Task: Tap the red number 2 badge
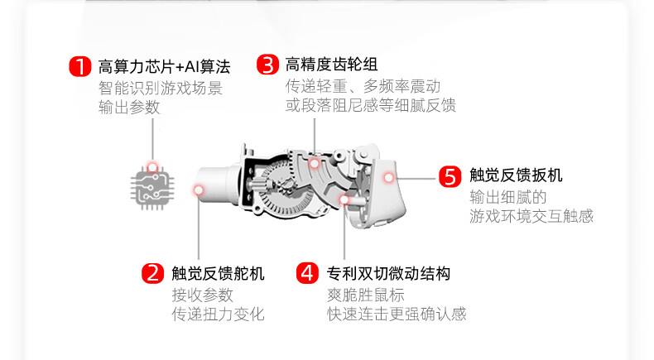pyautogui.click(x=152, y=273)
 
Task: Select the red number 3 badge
pyautogui.click(x=267, y=65)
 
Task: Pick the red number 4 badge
pyautogui.click(x=307, y=273)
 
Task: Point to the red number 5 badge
pyautogui.click(x=449, y=175)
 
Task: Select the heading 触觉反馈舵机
pyautogui.click(x=219, y=273)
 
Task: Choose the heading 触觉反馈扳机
pyautogui.click(x=516, y=175)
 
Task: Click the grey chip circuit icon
pyautogui.click(x=152, y=190)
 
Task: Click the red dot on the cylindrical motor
pyautogui.click(x=199, y=191)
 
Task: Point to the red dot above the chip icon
pyautogui.click(x=152, y=166)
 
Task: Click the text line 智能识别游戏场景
pyautogui.click(x=161, y=88)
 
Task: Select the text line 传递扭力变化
pyautogui.click(x=218, y=314)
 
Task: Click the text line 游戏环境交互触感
pyautogui.click(x=531, y=216)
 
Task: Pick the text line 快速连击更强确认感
pyautogui.click(x=397, y=314)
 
